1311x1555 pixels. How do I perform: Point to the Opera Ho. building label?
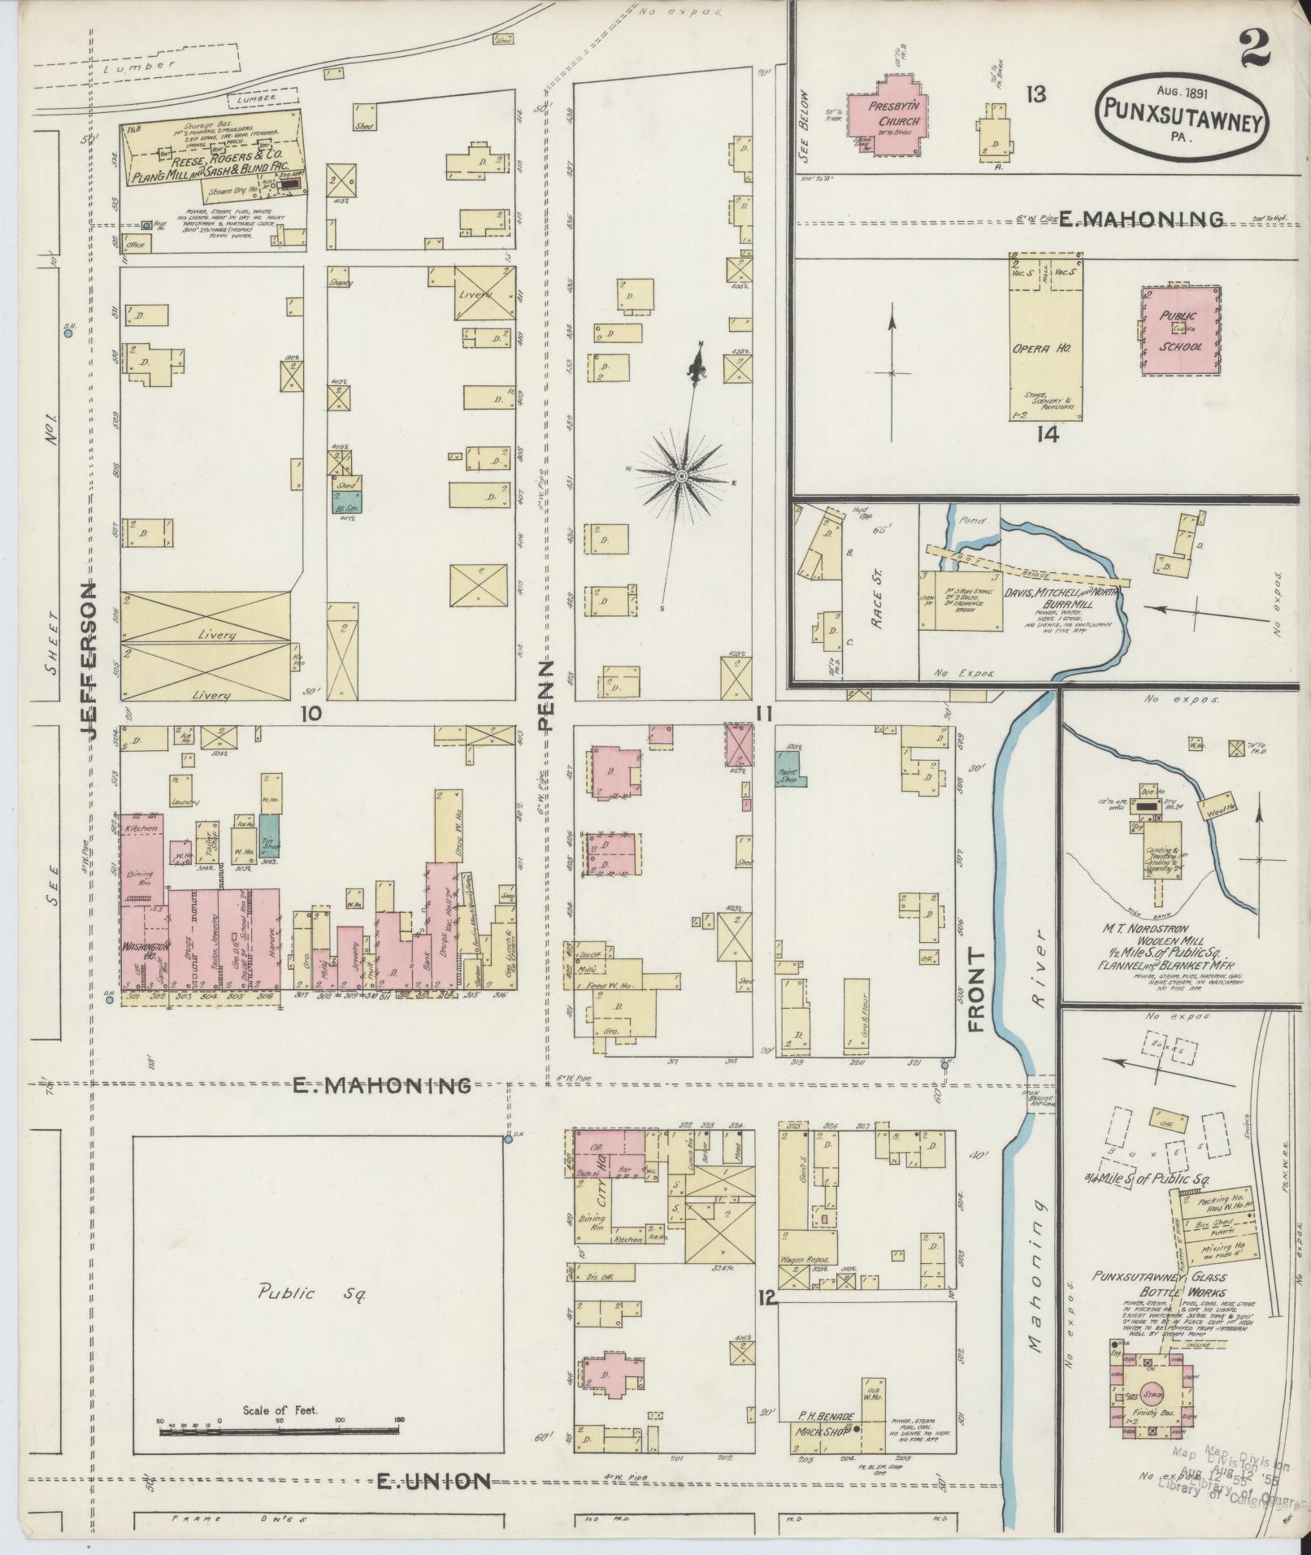pos(1044,347)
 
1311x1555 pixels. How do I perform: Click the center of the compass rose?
pos(682,475)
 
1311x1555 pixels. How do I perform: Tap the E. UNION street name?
pos(433,1481)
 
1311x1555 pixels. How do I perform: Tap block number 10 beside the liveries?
pos(310,714)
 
